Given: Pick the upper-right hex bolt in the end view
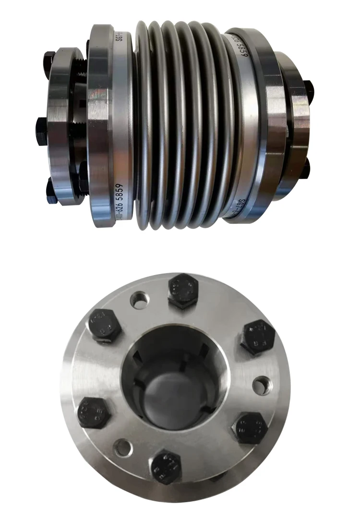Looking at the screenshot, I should pyautogui.click(x=258, y=337).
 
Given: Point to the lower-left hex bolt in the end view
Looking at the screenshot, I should pyautogui.click(x=94, y=413).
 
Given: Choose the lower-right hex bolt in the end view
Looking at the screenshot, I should pyautogui.click(x=250, y=427).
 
